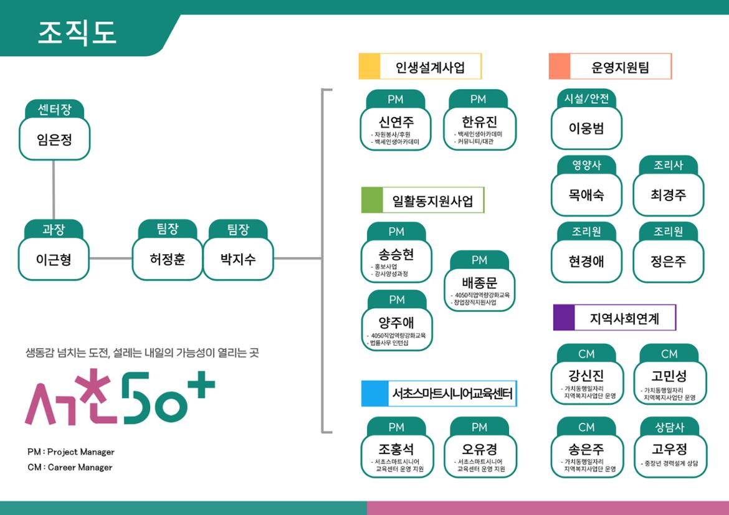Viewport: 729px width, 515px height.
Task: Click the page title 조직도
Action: [x=77, y=32]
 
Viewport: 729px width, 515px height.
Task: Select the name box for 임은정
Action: [x=54, y=139]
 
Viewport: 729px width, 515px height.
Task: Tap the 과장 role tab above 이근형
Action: [x=54, y=229]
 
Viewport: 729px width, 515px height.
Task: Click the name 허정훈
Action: [x=167, y=259]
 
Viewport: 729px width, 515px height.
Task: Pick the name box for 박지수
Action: [x=238, y=259]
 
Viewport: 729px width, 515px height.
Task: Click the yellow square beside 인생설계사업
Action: [x=369, y=67]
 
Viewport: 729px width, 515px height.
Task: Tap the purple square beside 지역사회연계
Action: [x=564, y=318]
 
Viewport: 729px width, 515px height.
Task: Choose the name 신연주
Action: [x=396, y=120]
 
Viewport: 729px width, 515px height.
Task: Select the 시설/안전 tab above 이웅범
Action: [x=586, y=98]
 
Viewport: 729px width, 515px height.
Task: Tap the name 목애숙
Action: [x=586, y=194]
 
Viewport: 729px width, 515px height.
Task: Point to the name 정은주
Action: [x=668, y=261]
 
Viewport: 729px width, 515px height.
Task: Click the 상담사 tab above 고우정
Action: [x=669, y=428]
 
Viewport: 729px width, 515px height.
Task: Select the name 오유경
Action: [x=479, y=449]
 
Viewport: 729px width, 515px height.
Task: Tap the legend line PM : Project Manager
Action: [x=71, y=452]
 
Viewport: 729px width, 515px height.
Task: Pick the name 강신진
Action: [x=586, y=376]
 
